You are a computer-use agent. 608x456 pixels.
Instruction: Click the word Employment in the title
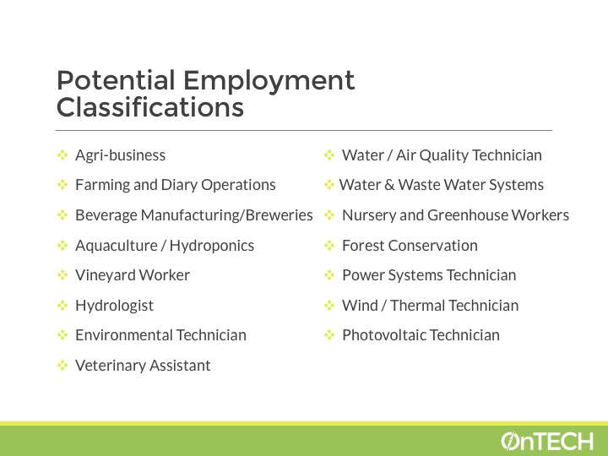[x=269, y=82]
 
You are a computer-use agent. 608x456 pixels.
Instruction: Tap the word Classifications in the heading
[x=150, y=107]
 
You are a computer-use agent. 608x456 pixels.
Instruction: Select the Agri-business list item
[x=120, y=155]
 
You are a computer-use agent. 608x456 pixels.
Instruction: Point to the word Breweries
[x=280, y=214]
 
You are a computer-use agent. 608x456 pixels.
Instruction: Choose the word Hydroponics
[x=212, y=246]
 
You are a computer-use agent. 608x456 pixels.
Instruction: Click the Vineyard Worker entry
[x=133, y=275]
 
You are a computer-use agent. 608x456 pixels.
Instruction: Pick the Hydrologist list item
[x=114, y=306]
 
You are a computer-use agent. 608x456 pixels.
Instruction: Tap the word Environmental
[x=123, y=335]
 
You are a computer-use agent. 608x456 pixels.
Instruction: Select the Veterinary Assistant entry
[x=143, y=366]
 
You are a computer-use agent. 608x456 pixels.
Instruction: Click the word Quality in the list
[x=443, y=155]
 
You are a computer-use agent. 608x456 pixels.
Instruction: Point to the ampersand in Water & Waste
[x=389, y=185]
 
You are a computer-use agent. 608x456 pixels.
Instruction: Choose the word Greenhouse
[x=467, y=214]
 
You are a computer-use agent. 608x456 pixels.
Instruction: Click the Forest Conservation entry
[x=410, y=246]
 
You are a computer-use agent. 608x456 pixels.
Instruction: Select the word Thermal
[x=418, y=306]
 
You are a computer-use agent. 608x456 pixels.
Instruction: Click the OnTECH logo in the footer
[x=546, y=442]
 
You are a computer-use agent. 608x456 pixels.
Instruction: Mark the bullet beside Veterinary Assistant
[x=62, y=366]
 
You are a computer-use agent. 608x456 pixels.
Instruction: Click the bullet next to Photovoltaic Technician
[x=328, y=335]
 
